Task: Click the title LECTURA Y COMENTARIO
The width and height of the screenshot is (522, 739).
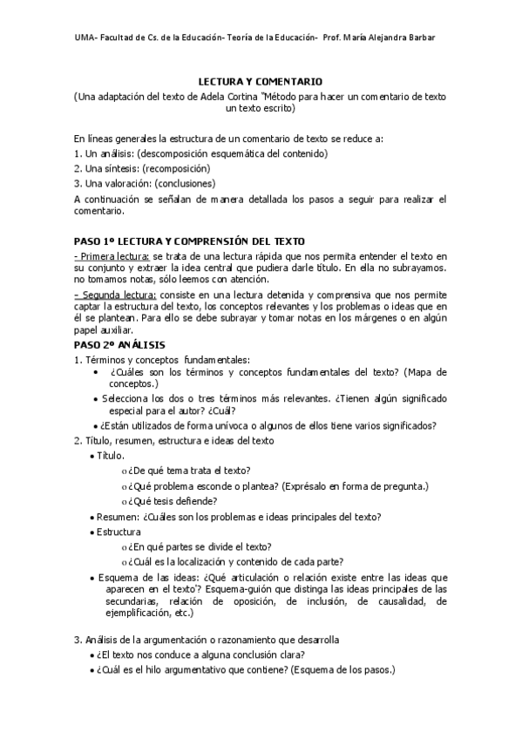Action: [260, 80]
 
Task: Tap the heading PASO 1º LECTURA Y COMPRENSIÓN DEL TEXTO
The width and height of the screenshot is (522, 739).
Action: [189, 240]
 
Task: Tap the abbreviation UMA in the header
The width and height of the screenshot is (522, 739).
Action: [85, 37]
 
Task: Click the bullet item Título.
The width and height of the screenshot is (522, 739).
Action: [111, 456]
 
